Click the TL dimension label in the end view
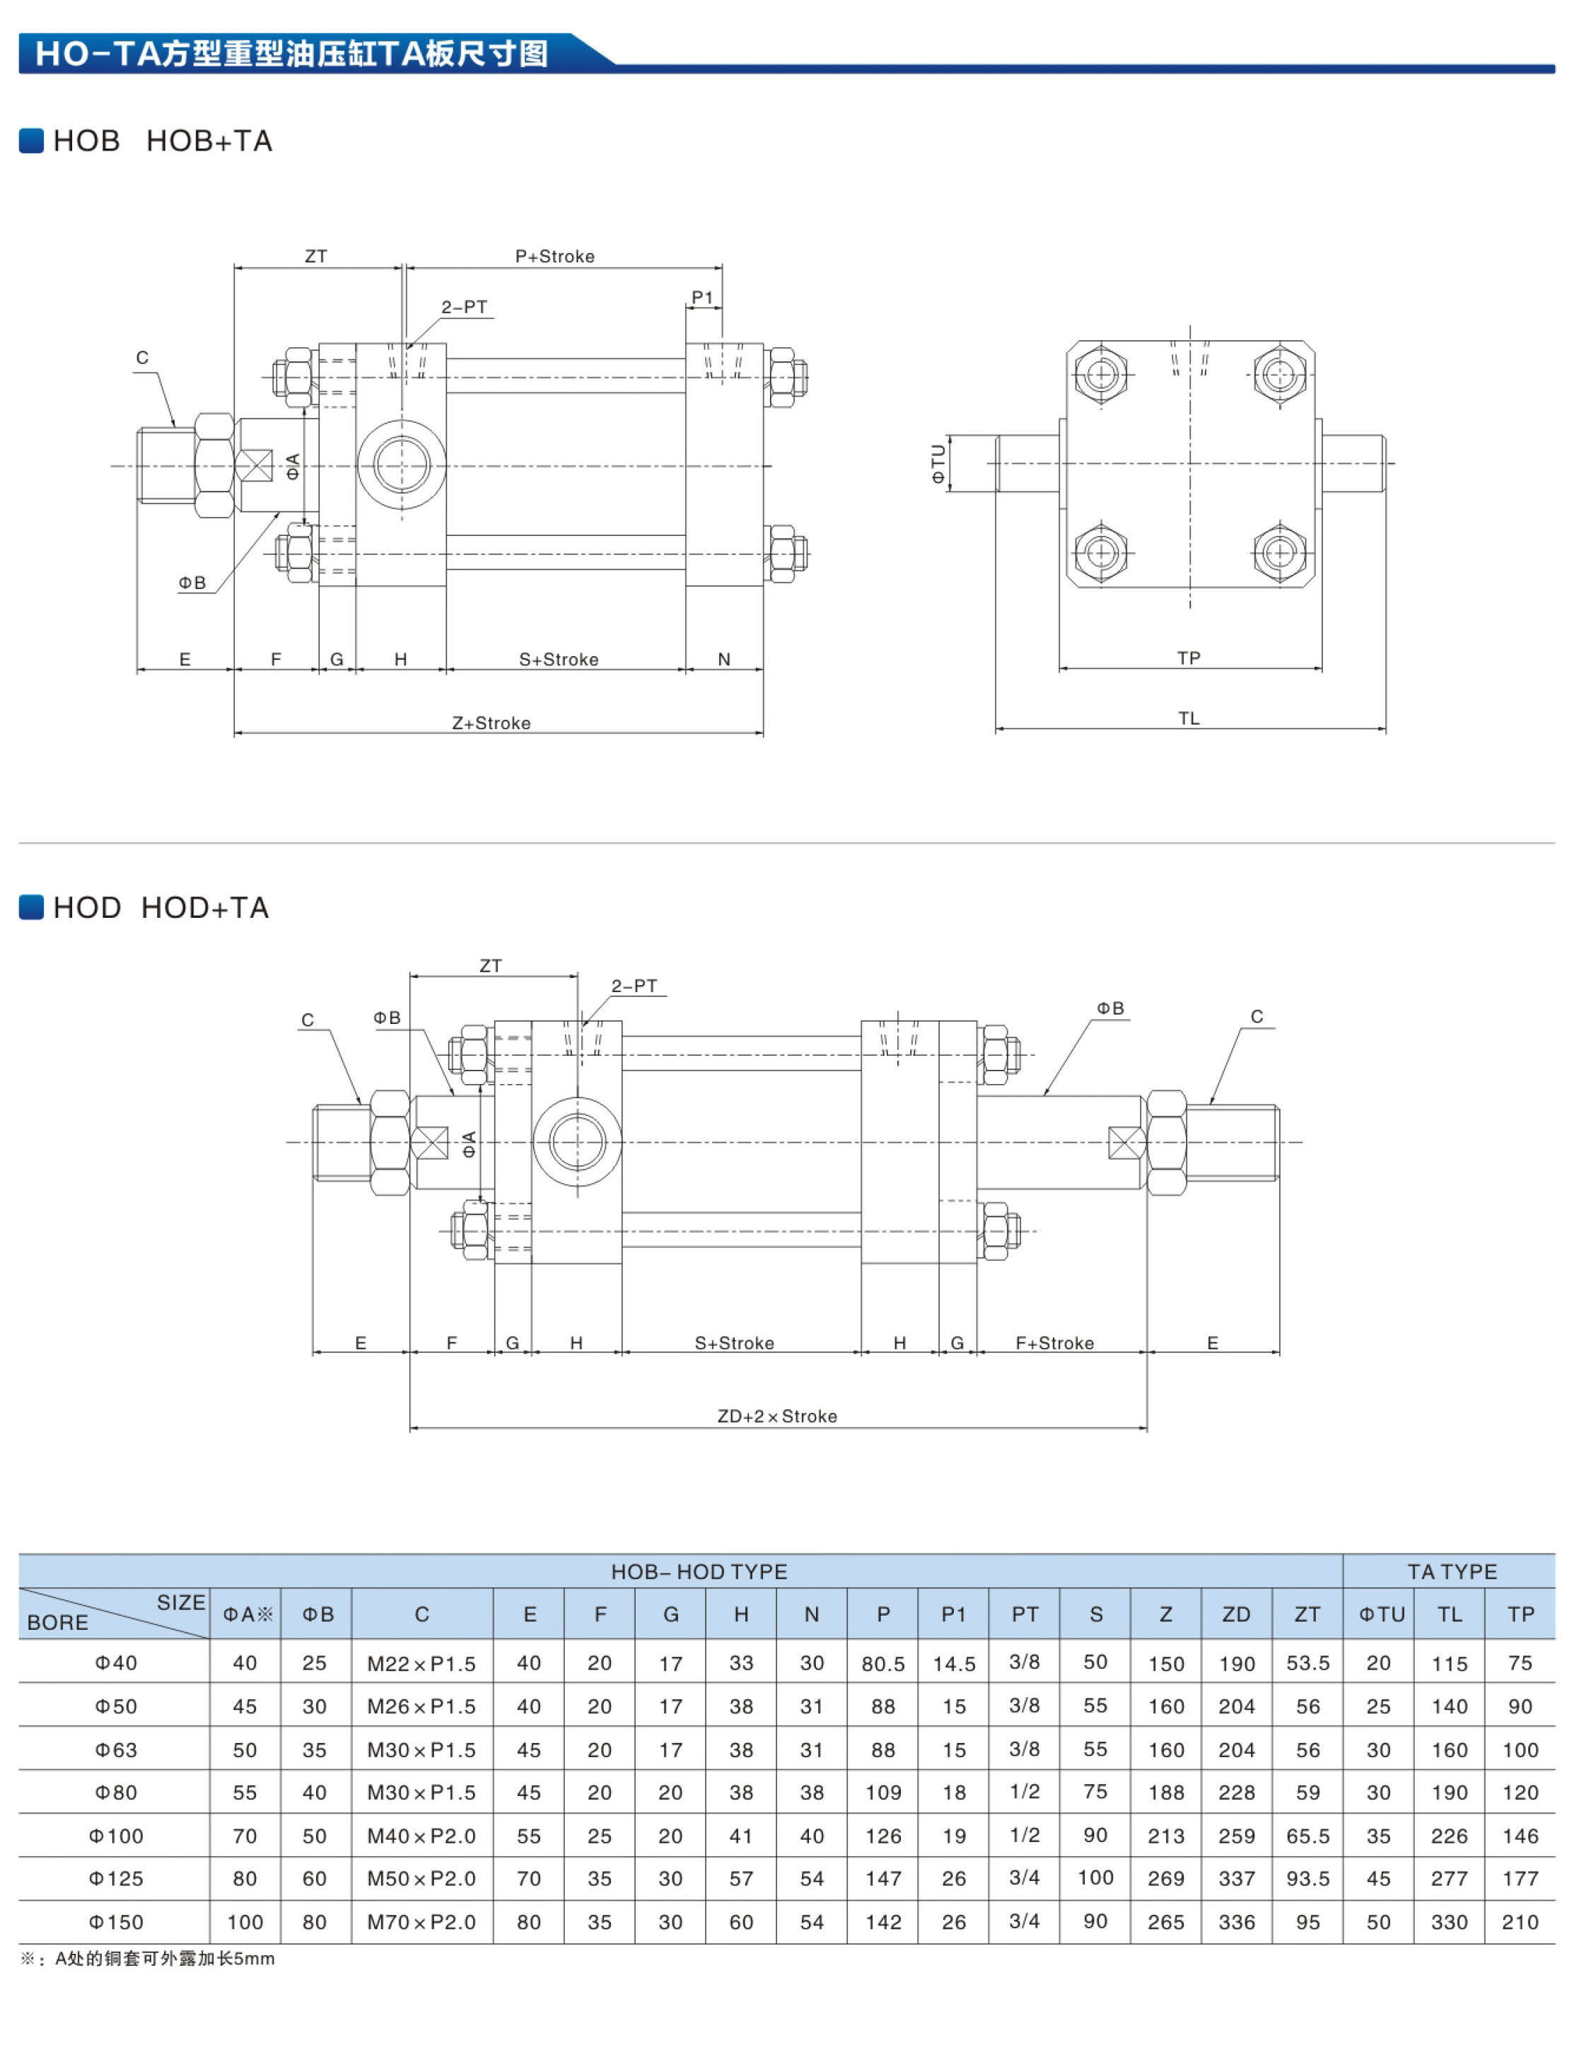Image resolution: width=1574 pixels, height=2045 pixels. [1188, 718]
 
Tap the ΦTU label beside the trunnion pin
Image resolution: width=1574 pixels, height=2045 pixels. [938, 462]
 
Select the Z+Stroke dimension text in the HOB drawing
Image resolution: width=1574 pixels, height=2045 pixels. [491, 723]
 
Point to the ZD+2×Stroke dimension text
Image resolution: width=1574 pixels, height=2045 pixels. [777, 1416]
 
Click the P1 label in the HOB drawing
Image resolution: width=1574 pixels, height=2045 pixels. [702, 298]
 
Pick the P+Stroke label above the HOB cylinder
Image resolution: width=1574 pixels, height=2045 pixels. [554, 257]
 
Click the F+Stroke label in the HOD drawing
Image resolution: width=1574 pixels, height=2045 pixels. [1054, 1343]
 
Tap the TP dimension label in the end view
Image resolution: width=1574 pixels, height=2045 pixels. [1188, 658]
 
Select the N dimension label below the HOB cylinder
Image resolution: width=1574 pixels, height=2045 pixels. [724, 659]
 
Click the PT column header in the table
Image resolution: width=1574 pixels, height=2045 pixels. [1025, 1614]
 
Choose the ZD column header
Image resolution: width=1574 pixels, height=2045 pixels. [1236, 1614]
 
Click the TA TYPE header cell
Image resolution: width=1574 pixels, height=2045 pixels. [1452, 1571]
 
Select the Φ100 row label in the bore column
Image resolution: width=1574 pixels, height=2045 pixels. [116, 1836]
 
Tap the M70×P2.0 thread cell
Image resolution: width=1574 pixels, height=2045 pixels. [421, 1923]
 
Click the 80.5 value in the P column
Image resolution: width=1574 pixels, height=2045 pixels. [883, 1664]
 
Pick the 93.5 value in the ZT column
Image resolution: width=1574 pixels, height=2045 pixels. [1307, 1878]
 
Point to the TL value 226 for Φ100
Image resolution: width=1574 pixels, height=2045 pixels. [1449, 1836]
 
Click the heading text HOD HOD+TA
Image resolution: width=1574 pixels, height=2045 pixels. [161, 907]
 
